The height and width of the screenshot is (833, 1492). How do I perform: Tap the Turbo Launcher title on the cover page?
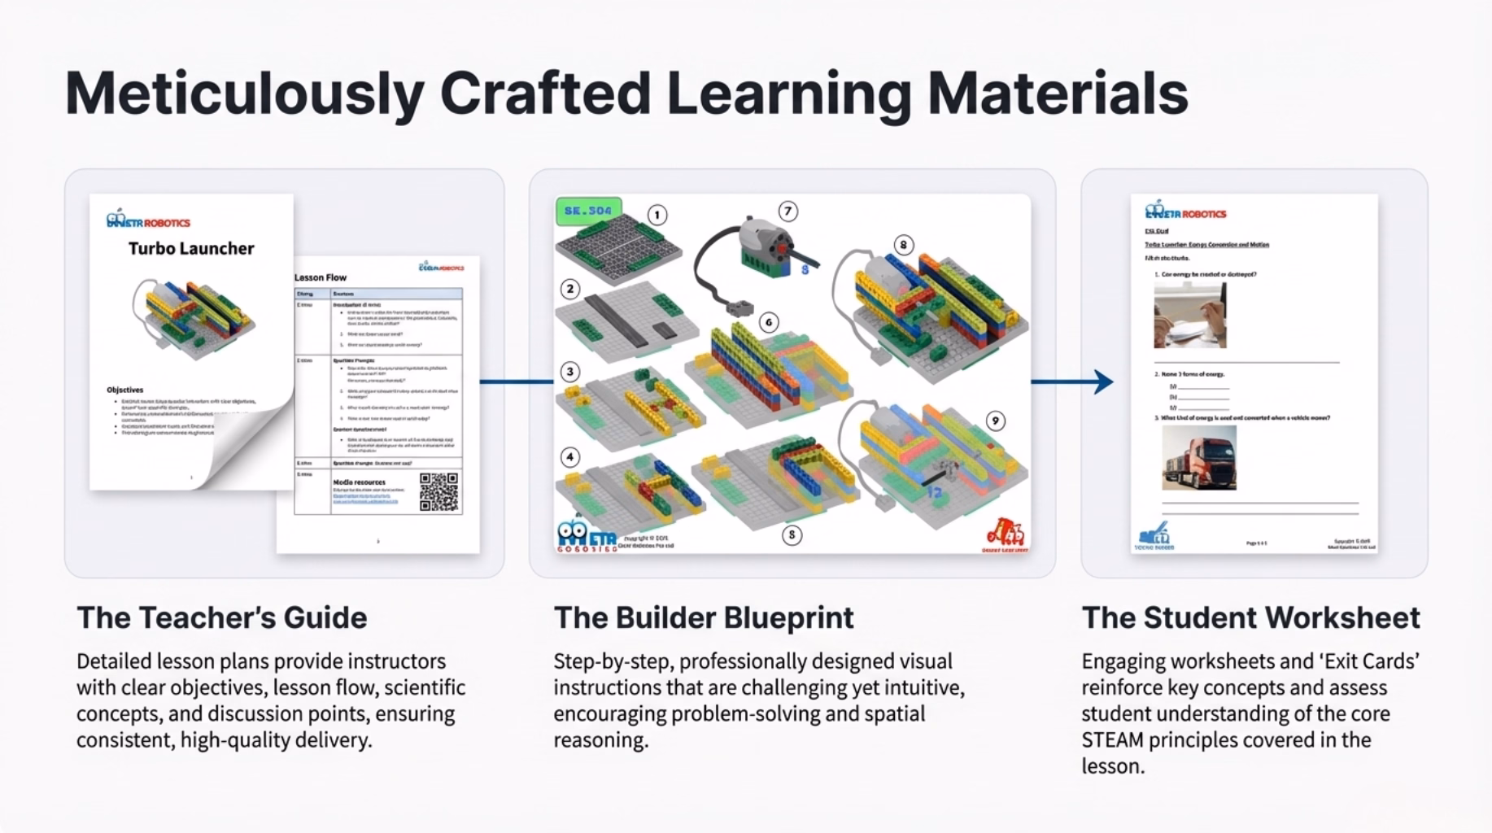(x=191, y=248)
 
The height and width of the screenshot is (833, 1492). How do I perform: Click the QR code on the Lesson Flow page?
(x=439, y=491)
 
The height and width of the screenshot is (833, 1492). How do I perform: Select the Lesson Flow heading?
(x=321, y=277)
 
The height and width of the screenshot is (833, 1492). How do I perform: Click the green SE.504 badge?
(x=588, y=211)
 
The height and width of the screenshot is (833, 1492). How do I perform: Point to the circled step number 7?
(x=787, y=212)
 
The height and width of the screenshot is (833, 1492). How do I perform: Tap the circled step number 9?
(x=995, y=421)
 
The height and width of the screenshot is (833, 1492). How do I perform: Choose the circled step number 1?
(x=657, y=215)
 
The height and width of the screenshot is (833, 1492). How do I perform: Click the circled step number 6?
(x=769, y=322)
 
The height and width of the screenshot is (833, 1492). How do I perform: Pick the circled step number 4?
(x=570, y=456)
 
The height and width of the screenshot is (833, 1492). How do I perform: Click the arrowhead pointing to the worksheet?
(x=1104, y=382)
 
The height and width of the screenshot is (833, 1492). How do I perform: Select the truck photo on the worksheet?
(x=1198, y=459)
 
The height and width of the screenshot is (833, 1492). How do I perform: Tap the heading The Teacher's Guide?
(x=221, y=617)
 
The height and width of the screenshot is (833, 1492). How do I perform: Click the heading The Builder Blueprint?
(x=704, y=617)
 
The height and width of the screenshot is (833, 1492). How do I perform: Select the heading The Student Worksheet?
(x=1250, y=617)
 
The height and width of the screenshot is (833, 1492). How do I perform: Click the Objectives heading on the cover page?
(x=124, y=390)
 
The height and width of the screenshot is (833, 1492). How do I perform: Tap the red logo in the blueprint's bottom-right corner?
(x=1006, y=532)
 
